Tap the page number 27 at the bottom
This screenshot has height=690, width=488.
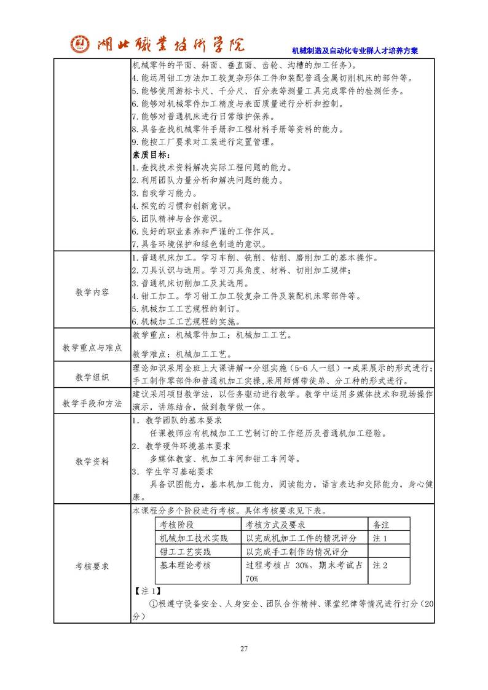coord(244,649)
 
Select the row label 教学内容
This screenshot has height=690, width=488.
coord(92,292)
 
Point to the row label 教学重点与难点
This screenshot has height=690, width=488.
coord(92,348)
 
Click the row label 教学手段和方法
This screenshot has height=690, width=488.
coord(92,403)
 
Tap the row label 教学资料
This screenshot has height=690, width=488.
coord(92,461)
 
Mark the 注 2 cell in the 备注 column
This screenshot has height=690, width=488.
coord(380,565)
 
